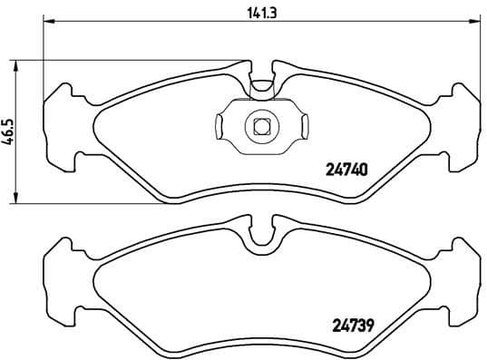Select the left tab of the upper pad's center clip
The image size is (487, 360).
click(222, 126)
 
